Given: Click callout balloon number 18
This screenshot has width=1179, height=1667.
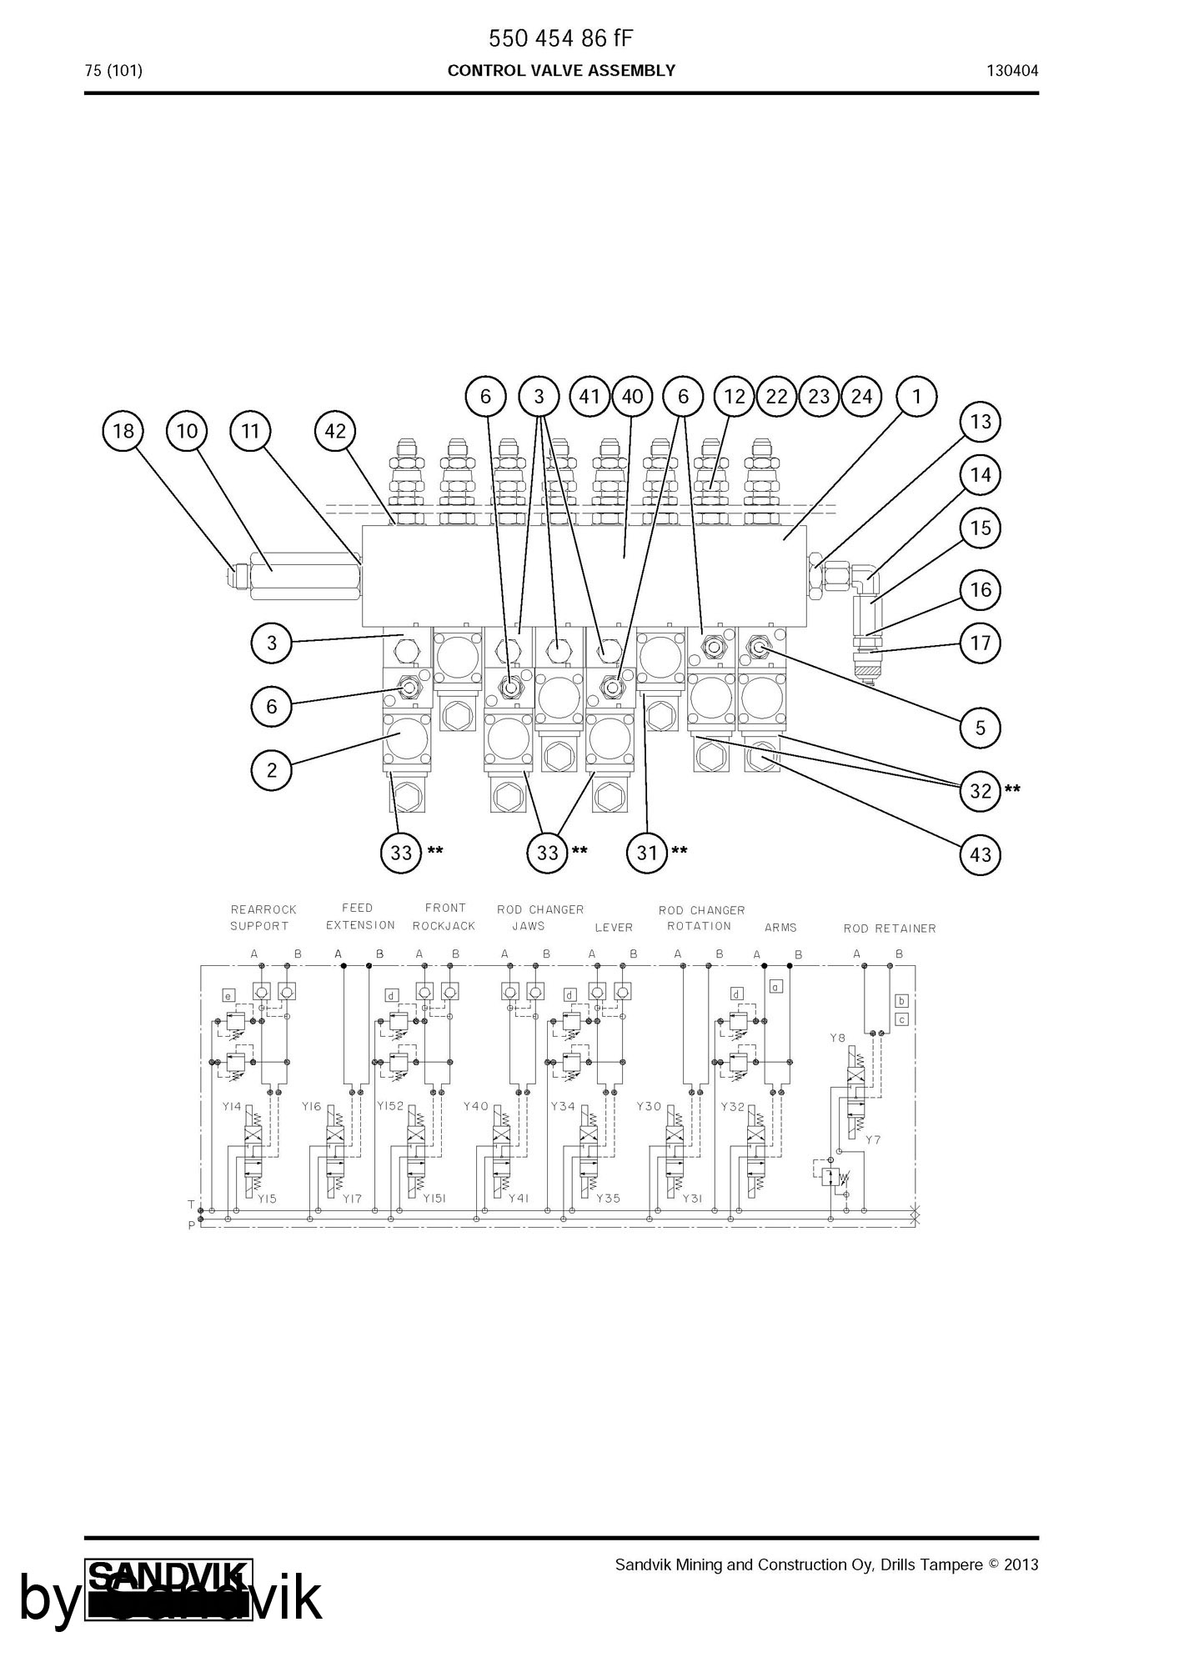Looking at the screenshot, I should coord(123,431).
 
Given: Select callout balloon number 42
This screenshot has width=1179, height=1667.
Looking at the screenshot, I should coord(335,431).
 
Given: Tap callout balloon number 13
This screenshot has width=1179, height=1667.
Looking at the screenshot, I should coord(981,422).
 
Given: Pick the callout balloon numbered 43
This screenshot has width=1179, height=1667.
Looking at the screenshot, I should coord(981,854).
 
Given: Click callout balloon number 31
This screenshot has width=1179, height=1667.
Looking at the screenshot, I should coord(647,853).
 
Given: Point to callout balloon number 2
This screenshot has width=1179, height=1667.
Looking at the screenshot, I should coord(272,770).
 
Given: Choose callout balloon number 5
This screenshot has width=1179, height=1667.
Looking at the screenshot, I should coord(981,728).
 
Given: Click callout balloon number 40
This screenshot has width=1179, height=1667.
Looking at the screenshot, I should coord(633,396).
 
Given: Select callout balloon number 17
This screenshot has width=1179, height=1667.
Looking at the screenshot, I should coord(981,643).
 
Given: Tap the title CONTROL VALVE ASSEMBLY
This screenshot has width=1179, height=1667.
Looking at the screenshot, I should coord(561,71).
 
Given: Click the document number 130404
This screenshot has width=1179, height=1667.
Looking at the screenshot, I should coord(1012,71).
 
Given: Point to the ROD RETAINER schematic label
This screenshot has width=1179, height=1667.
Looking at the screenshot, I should coord(890,929).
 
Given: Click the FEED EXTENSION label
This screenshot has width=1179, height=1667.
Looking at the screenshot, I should coord(360,917).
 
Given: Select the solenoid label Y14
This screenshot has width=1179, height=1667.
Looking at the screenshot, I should coord(232,1107).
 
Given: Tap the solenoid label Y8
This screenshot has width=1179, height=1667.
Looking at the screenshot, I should coord(838,1038).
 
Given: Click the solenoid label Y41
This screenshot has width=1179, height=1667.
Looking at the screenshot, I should coord(519,1199).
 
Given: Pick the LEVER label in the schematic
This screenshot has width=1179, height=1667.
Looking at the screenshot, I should coord(614,928).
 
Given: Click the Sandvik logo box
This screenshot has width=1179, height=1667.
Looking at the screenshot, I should coord(169,1589).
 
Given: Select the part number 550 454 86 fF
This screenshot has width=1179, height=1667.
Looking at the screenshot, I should coord(561,38).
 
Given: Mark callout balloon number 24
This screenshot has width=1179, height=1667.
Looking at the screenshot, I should coord(861,396).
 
